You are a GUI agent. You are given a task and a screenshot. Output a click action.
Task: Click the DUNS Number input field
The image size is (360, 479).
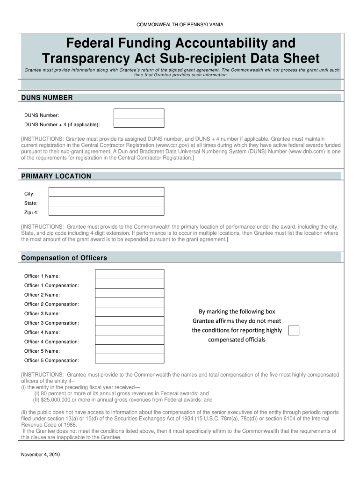[x=139, y=114]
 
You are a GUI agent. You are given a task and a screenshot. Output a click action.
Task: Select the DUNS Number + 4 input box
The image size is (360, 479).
[x=139, y=123]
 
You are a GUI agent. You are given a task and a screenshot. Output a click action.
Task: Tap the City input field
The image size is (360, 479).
[x=107, y=192]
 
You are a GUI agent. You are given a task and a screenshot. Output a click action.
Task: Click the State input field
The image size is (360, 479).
[x=107, y=202]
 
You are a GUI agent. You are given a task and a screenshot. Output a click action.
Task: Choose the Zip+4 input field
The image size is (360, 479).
[x=107, y=211]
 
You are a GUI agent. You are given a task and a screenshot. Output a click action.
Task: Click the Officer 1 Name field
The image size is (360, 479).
[x=130, y=275]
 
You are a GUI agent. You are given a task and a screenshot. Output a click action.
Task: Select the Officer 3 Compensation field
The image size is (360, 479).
[x=130, y=322]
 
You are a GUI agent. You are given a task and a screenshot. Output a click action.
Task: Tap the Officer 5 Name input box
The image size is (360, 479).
[x=130, y=350]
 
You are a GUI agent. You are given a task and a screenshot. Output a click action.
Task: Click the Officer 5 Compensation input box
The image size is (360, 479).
[x=130, y=359]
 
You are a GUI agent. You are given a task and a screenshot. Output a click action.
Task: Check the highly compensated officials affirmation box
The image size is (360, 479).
[x=294, y=331]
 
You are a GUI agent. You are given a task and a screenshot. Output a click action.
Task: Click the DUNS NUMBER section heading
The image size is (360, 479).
[x=47, y=98]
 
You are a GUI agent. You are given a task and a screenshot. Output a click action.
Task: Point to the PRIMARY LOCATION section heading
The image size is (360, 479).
[x=56, y=176]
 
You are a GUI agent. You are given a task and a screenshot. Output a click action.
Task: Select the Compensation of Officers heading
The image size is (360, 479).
[x=64, y=258]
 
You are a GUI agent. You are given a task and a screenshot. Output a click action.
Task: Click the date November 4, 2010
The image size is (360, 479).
[x=40, y=455]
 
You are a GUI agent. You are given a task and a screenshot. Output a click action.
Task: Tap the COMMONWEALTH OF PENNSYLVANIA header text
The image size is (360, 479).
[x=180, y=24]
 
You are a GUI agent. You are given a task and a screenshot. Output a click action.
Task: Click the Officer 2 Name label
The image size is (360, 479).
[x=42, y=295]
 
